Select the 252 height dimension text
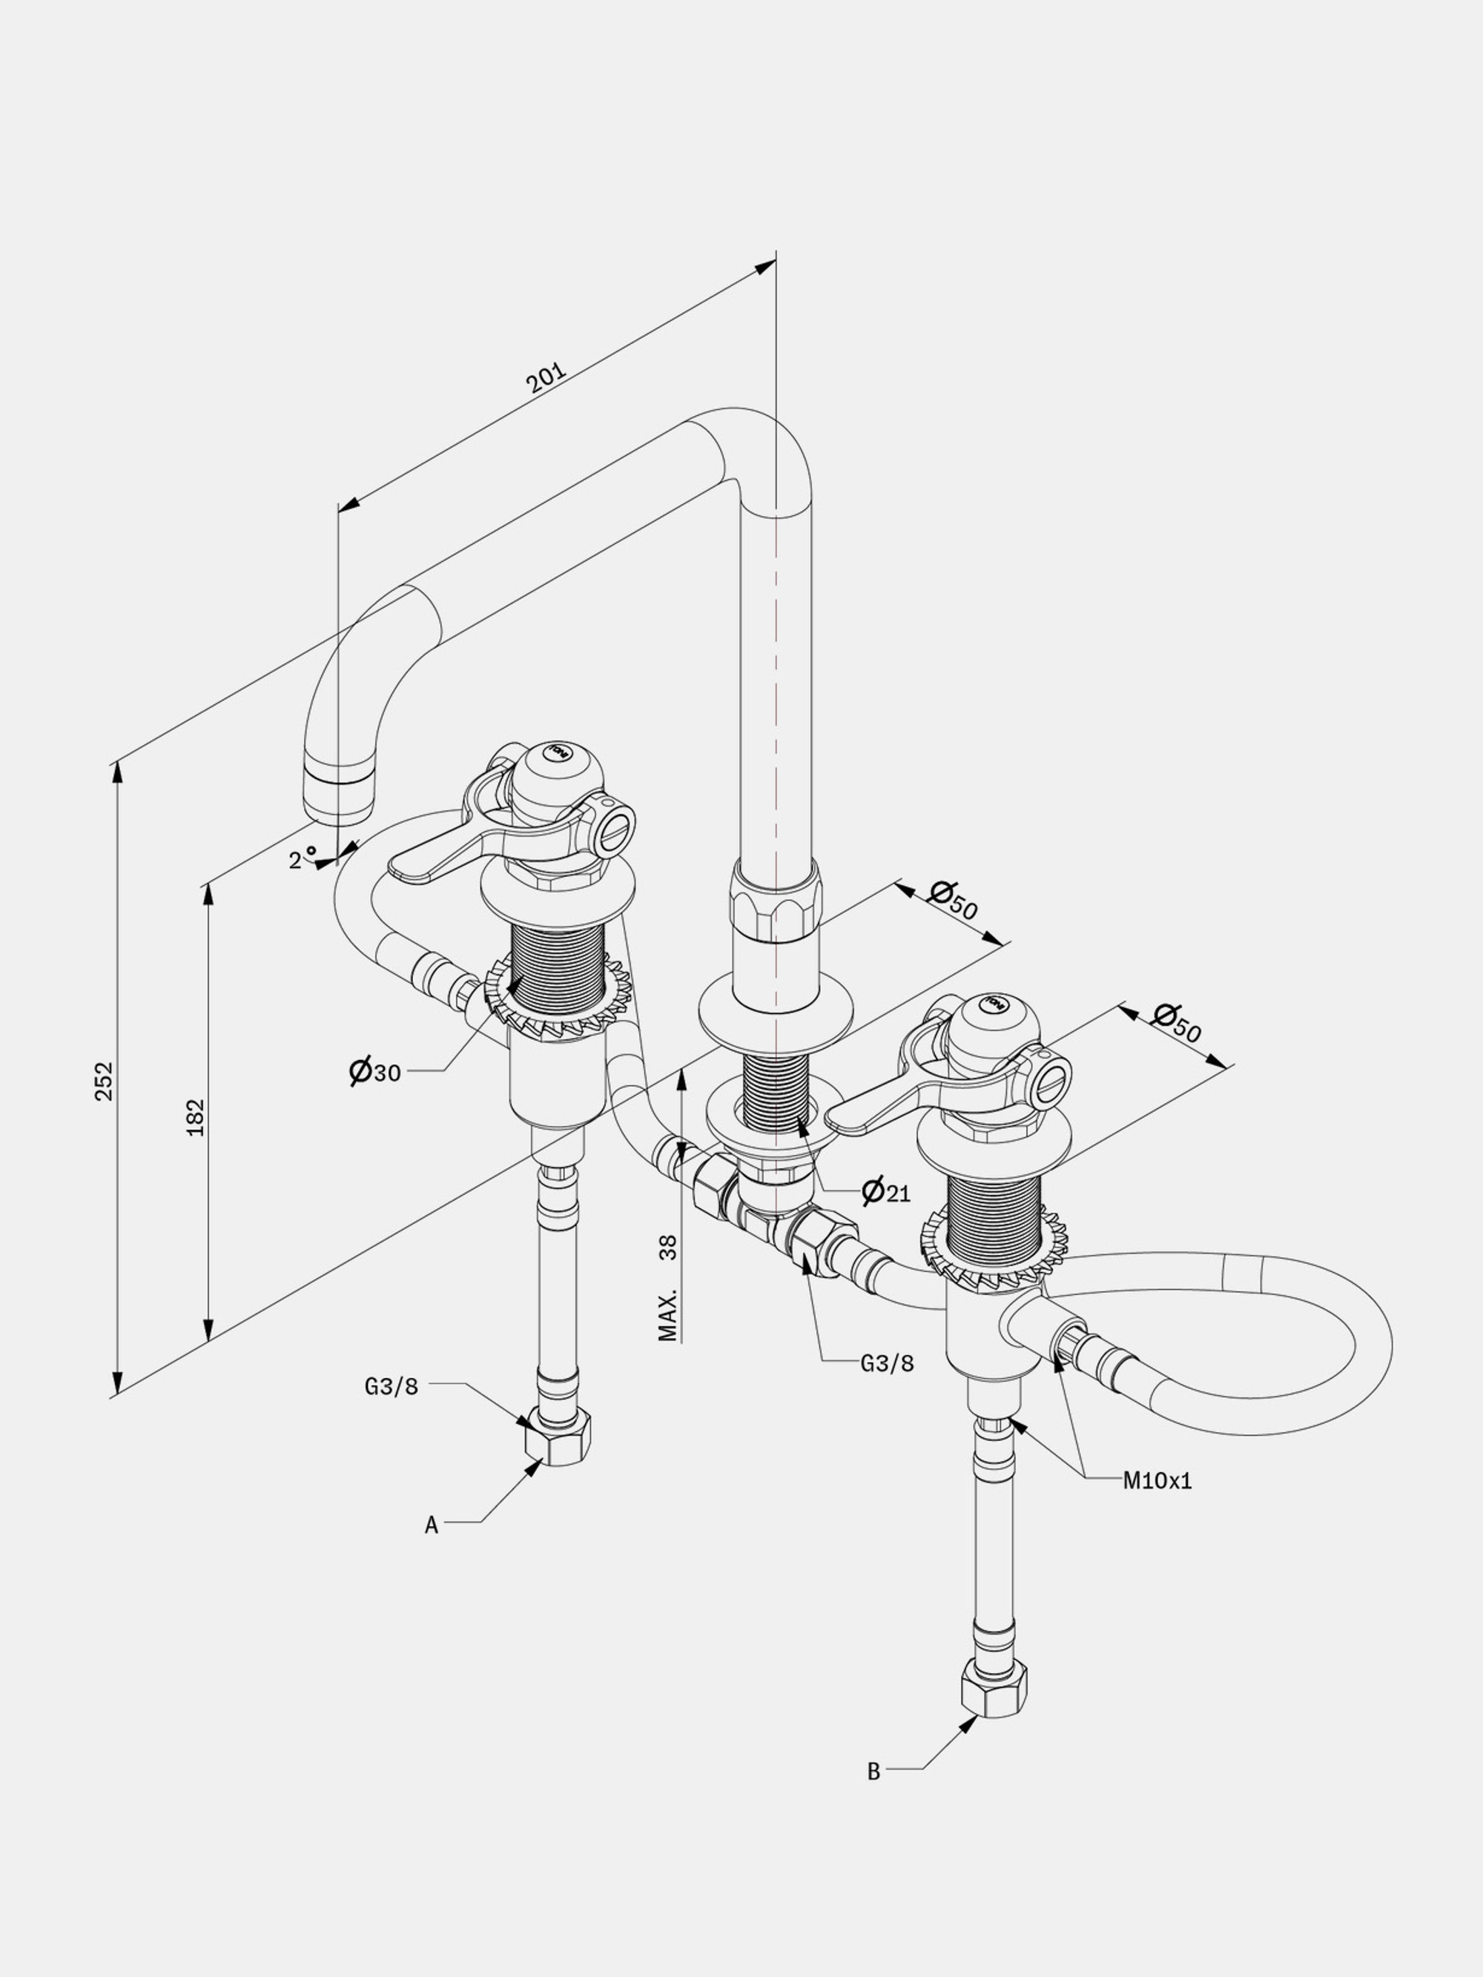(105, 1081)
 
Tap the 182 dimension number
(195, 1117)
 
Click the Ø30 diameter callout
(374, 1070)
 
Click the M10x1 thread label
(1157, 1481)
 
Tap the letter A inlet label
(432, 1526)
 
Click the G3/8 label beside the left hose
(391, 1386)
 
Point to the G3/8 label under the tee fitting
(888, 1363)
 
